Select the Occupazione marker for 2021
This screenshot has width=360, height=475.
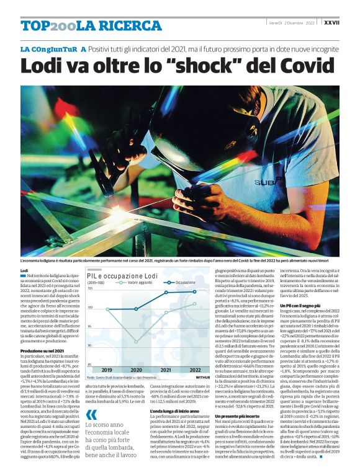coord(166,292)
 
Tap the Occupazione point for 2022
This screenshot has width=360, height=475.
coord(195,291)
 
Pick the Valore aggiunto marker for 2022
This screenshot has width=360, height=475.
coord(195,303)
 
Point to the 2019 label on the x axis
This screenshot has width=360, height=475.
coord(107,370)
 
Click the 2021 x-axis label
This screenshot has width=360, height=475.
coord(166,370)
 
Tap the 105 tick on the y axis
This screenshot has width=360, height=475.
coord(90,289)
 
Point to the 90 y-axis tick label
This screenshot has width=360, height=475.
coord(90,345)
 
